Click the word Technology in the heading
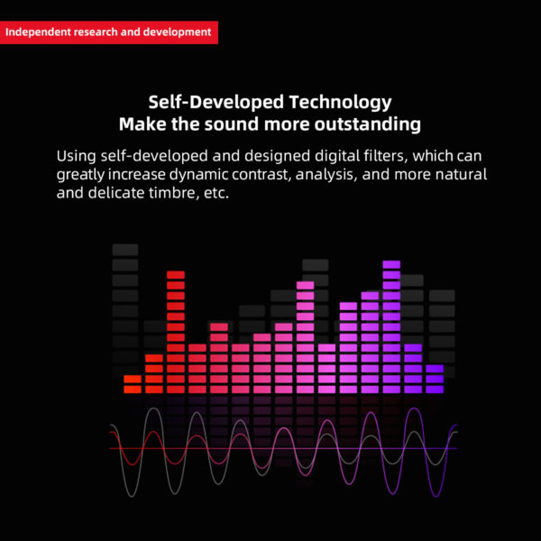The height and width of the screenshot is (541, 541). (x=340, y=103)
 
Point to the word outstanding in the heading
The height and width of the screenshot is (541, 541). (x=368, y=124)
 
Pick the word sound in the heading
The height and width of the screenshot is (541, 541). (x=232, y=124)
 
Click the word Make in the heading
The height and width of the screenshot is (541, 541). (x=142, y=124)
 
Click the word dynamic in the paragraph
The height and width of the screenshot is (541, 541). (x=198, y=175)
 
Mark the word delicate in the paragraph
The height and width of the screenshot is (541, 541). (x=116, y=193)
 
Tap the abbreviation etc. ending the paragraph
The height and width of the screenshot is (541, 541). (x=216, y=194)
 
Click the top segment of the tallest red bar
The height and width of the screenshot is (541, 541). (x=176, y=275)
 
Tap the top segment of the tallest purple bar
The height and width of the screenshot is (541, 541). (x=391, y=264)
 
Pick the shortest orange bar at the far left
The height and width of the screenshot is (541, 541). (x=133, y=384)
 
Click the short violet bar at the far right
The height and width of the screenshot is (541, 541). (x=435, y=379)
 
